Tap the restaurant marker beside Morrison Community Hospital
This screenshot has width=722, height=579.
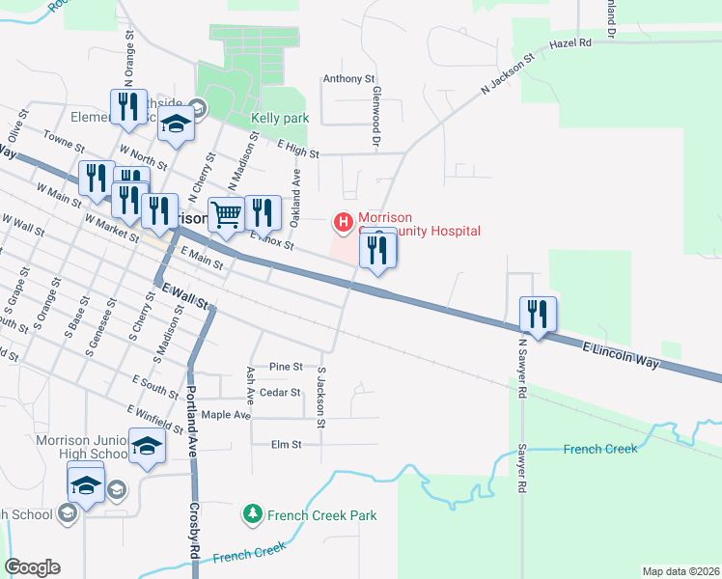tap(377, 251)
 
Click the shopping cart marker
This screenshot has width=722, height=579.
tap(226, 215)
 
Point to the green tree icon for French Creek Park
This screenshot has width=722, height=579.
tap(252, 514)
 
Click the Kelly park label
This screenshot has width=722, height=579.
tap(279, 119)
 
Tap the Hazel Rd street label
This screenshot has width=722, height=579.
tap(569, 44)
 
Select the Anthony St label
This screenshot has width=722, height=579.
tap(348, 79)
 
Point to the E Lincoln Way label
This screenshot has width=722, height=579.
tap(621, 354)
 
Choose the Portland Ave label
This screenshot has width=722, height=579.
tap(191, 411)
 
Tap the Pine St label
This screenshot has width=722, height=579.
tap(287, 367)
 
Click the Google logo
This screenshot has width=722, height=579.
tap(32, 567)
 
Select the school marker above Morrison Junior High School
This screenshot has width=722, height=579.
tap(147, 447)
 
